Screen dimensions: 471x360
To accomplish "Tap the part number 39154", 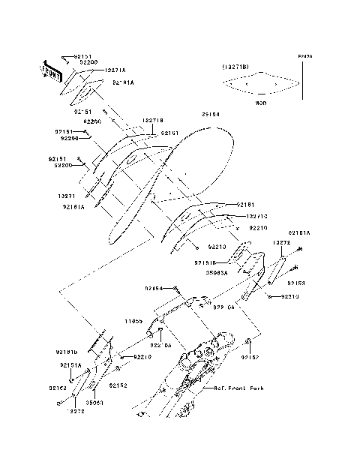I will [212, 115].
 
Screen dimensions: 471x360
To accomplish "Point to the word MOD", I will [261, 102].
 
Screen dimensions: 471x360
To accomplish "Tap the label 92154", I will [154, 289].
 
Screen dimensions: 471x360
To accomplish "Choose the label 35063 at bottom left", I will [97, 402].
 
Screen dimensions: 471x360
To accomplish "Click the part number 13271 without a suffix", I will [67, 195].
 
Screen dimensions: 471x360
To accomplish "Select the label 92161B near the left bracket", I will [68, 351].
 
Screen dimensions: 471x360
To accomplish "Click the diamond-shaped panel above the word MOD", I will [262, 83].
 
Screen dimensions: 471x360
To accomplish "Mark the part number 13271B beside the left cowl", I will [151, 120].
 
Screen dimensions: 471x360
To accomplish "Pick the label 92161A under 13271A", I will [124, 82].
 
